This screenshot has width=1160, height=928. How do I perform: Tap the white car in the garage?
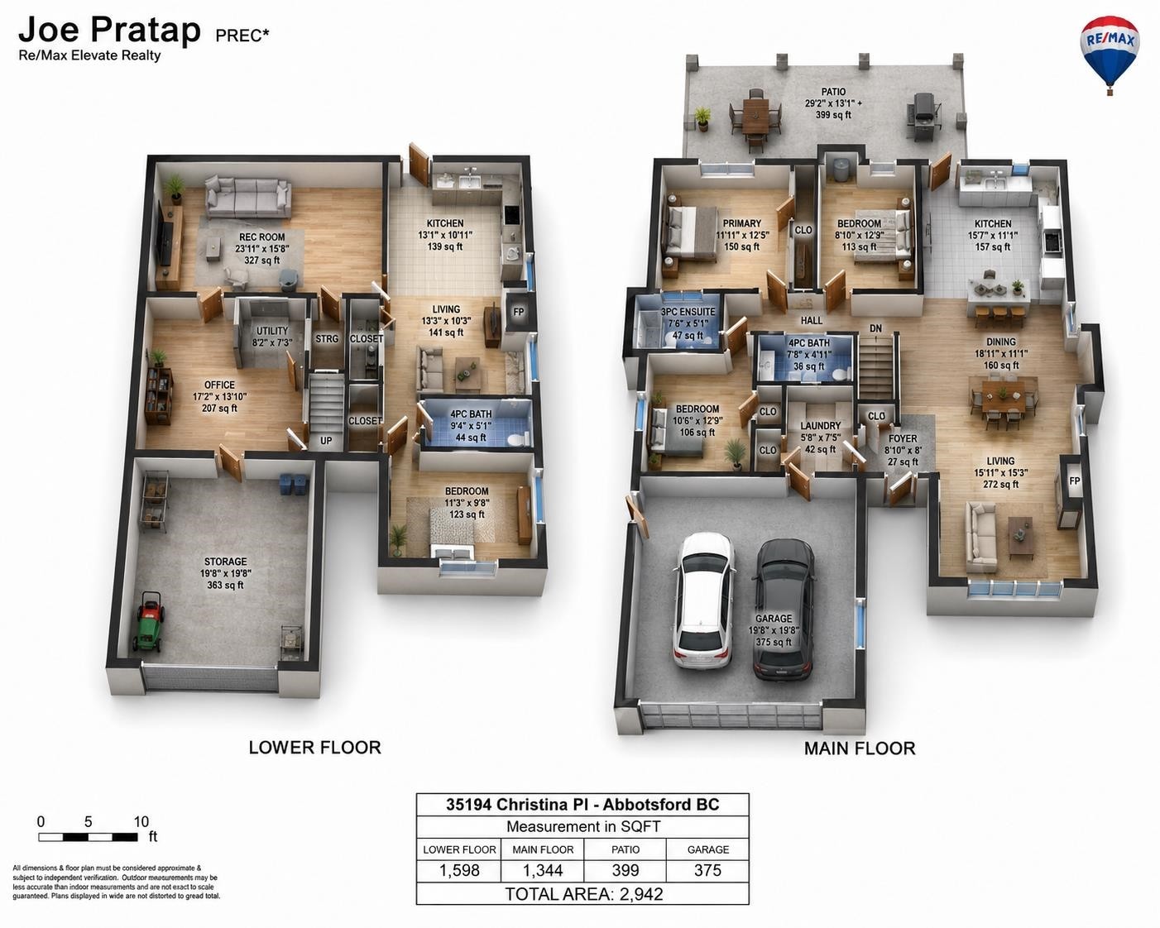[703, 600]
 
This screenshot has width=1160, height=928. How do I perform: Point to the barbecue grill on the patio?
[924, 115]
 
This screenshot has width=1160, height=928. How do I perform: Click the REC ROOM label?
[262, 237]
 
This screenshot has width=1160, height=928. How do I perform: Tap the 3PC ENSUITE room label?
[688, 312]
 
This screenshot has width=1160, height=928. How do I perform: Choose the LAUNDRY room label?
[821, 425]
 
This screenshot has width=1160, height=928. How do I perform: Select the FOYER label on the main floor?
[903, 438]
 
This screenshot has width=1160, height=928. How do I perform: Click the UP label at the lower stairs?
[326, 440]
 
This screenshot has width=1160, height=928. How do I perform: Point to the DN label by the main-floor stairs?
[875, 328]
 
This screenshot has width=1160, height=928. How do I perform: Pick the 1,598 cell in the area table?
[459, 870]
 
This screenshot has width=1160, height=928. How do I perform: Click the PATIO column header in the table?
[626, 849]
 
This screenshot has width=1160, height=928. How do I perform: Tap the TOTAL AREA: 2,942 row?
[583, 893]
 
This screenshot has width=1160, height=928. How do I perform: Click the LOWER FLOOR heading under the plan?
[314, 747]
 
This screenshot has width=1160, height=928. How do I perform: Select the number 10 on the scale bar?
[141, 821]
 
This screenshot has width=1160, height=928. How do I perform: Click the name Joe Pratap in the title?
[109, 29]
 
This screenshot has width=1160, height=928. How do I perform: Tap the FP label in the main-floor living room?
[1074, 481]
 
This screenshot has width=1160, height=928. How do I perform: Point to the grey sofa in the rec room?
[248, 197]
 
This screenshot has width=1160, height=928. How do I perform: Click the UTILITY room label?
[272, 330]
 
